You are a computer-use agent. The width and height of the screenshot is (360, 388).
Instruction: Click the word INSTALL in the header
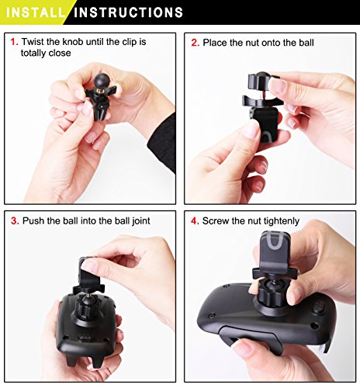(36, 12)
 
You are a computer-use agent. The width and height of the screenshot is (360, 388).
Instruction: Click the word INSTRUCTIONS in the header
(128, 12)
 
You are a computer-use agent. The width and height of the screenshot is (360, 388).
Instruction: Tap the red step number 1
(14, 42)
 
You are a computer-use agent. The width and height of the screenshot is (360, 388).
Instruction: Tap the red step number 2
(196, 43)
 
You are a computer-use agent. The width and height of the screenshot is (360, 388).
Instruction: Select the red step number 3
(15, 221)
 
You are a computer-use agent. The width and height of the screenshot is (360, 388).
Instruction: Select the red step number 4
(195, 221)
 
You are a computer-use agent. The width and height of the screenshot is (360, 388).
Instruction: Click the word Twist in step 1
(33, 42)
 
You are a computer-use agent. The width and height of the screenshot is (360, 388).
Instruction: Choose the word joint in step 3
(141, 221)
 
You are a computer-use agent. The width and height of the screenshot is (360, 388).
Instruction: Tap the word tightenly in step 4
(282, 221)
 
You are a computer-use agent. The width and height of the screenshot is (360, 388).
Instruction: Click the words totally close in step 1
(46, 53)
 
